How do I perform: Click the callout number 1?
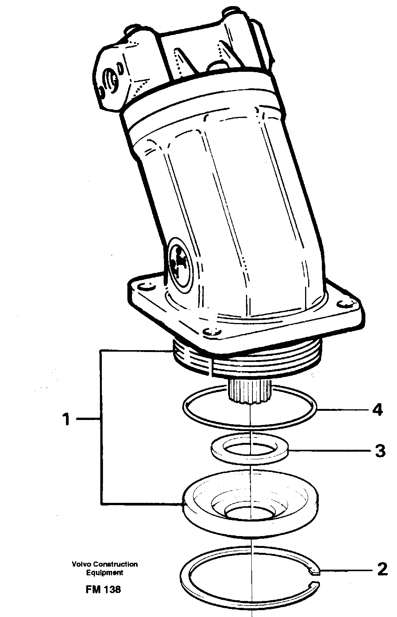pos(67,420)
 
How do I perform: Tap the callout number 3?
pos(380,451)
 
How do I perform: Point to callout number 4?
pos(377,410)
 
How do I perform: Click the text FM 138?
pos(103,590)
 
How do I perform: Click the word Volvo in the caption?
pos(82,564)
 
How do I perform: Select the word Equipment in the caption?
pos(104,572)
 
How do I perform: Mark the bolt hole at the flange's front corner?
pos(212,331)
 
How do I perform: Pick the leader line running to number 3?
pos(328,451)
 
